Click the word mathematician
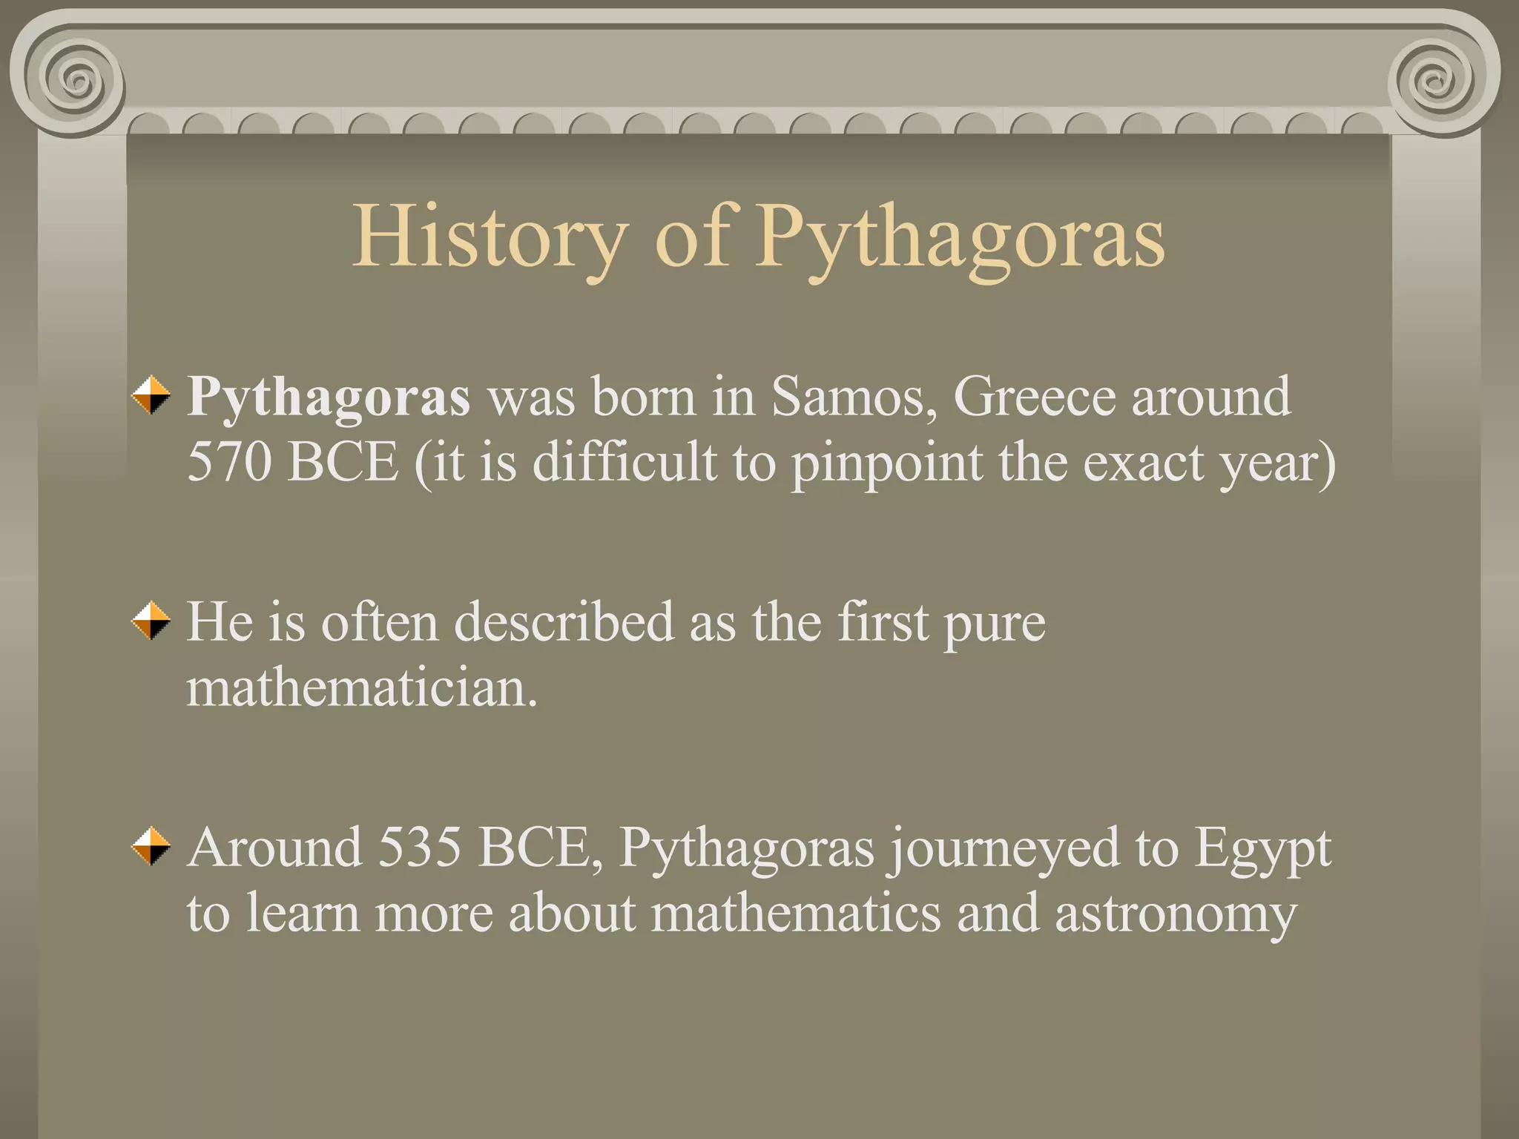tap(361, 688)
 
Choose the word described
tap(564, 621)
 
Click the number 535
tap(419, 847)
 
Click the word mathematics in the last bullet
tap(796, 912)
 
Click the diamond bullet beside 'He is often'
tap(151, 621)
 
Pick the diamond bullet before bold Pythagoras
tap(151, 394)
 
